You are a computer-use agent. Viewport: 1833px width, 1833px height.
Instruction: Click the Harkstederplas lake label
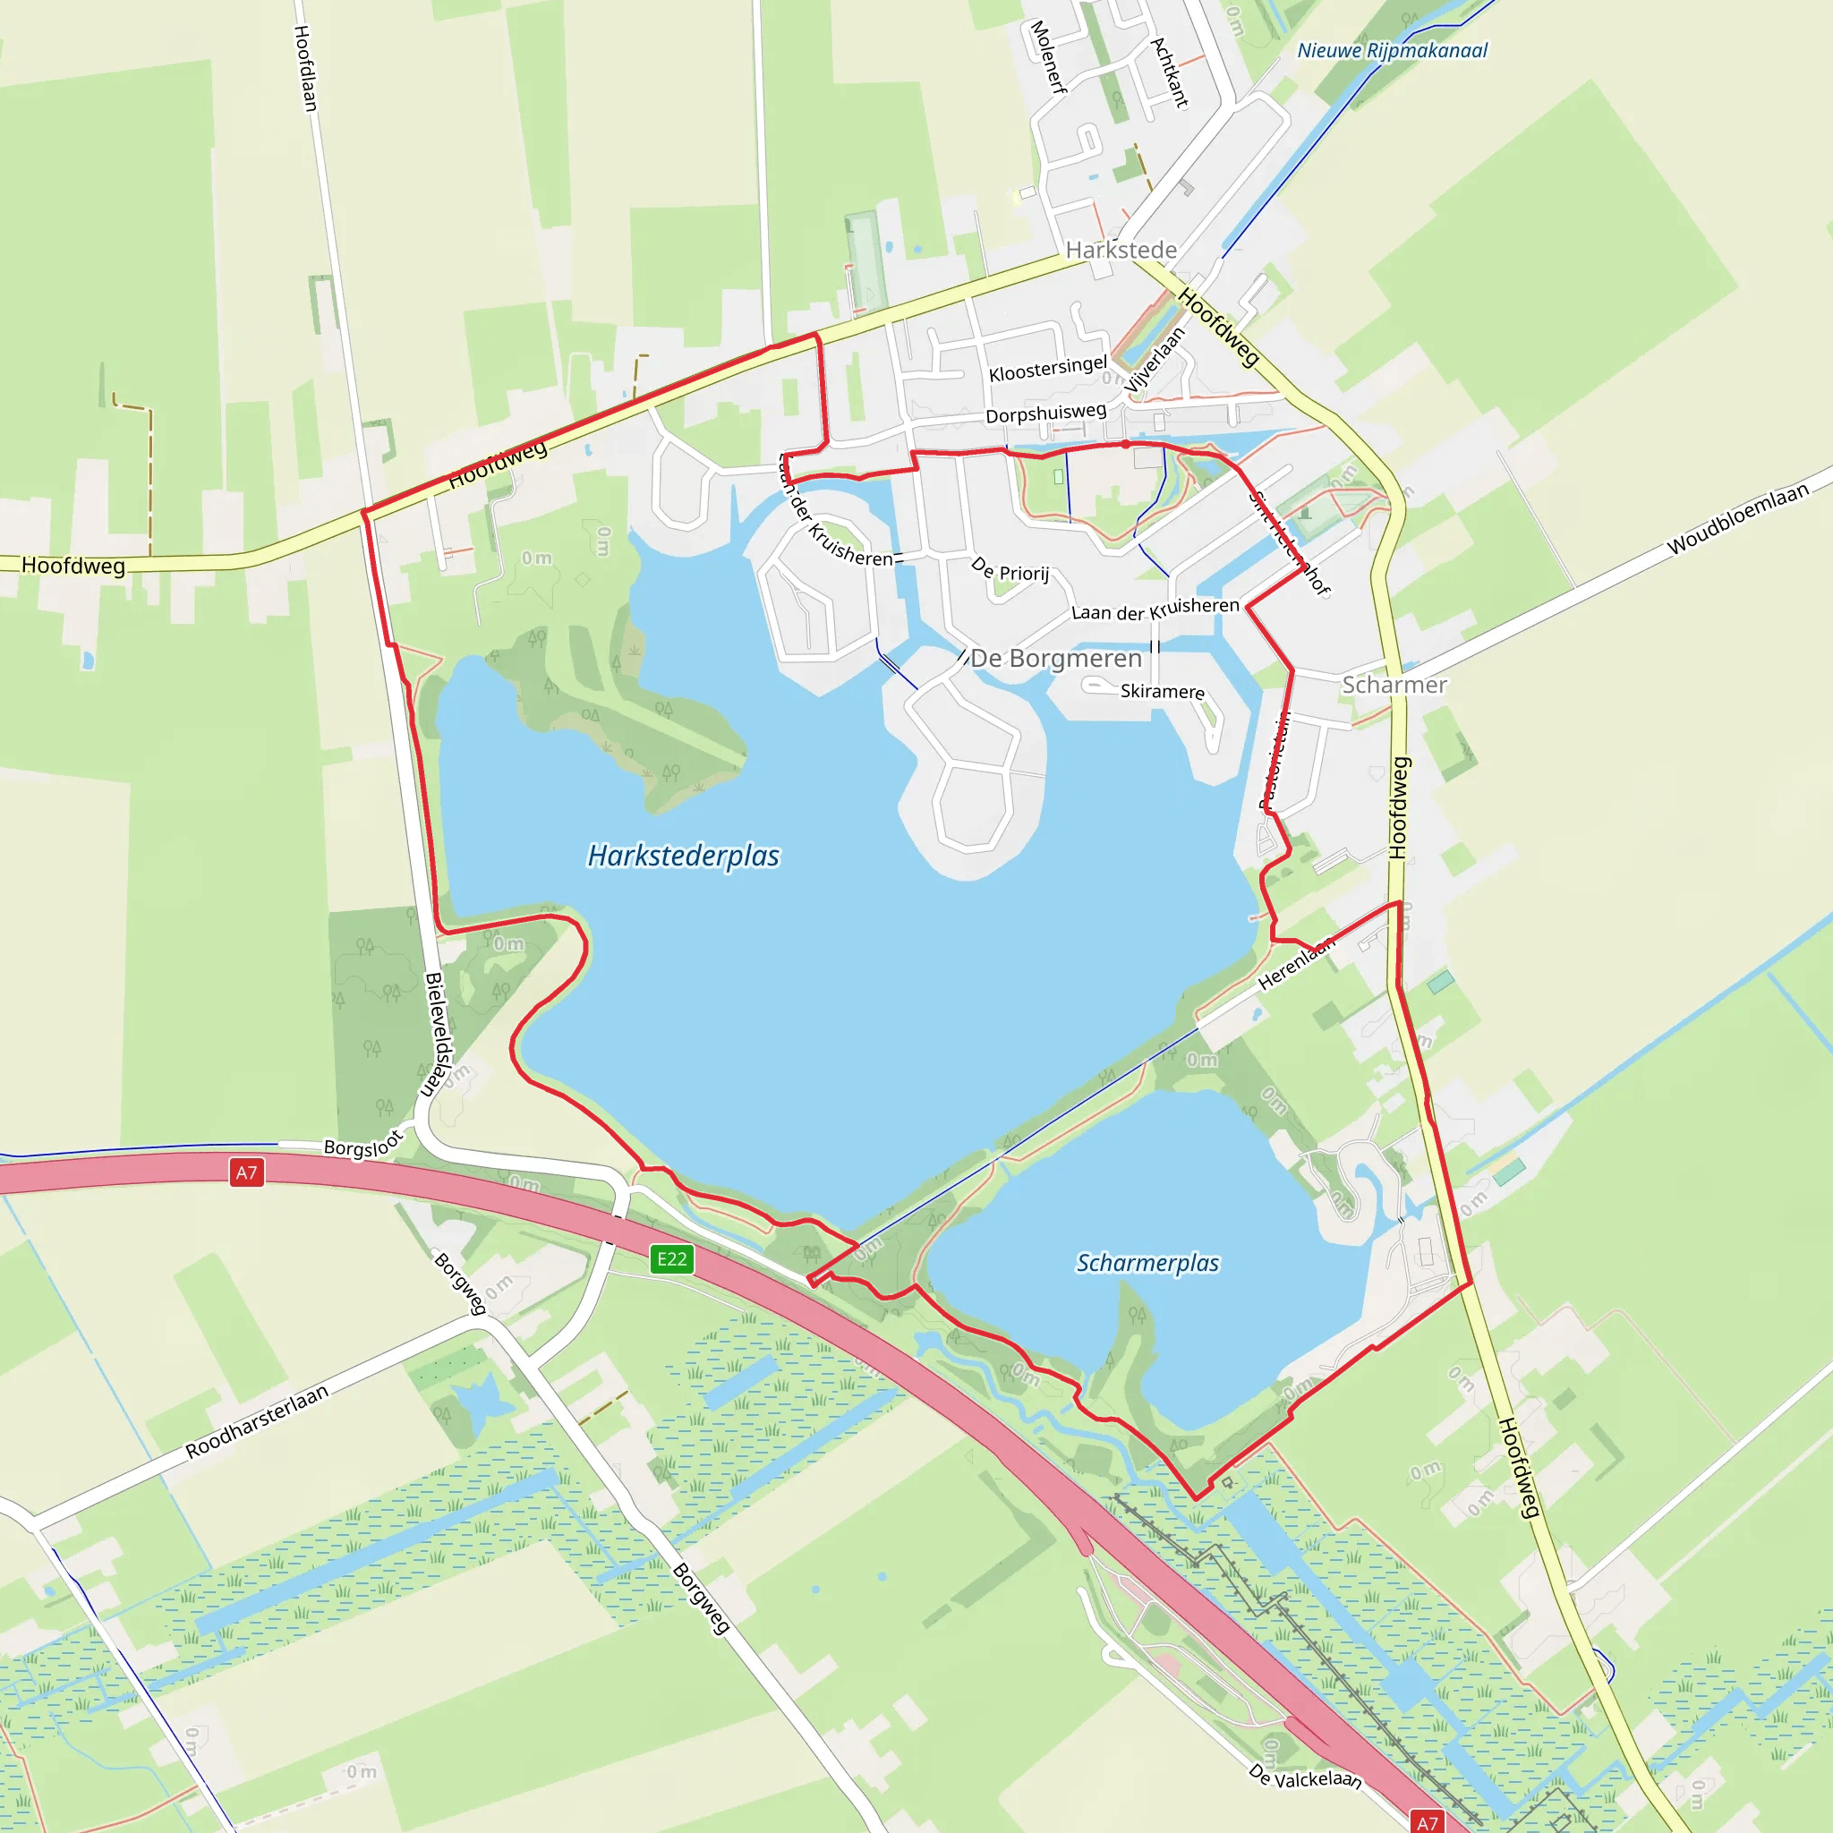(683, 856)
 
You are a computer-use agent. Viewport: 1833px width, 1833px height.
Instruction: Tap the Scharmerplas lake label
(1147, 1263)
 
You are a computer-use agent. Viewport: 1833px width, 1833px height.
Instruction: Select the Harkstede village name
(1121, 250)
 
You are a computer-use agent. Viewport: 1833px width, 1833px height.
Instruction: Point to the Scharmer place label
(1394, 685)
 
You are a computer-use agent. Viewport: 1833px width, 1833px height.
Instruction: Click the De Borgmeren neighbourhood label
(1056, 659)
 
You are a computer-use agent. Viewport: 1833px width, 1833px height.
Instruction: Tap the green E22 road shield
(672, 1259)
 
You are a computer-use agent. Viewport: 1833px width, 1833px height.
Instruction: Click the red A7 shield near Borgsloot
(247, 1172)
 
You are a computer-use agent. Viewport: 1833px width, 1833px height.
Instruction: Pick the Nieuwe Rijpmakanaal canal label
(1392, 50)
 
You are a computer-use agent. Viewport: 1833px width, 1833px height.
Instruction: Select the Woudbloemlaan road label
(1738, 519)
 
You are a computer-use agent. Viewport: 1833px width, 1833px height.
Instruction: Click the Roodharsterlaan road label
(257, 1421)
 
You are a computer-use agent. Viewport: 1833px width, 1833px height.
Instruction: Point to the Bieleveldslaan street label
(439, 1034)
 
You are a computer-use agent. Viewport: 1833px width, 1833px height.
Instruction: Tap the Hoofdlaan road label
(304, 68)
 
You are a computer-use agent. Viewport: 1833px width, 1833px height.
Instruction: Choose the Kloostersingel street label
(1047, 369)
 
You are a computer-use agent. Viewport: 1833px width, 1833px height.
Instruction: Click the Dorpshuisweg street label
(1045, 413)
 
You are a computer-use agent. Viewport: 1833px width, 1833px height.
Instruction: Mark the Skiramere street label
(1163, 692)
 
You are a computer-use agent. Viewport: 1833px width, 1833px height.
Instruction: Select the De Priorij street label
(1010, 570)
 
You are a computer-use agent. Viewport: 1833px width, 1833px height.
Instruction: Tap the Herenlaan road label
(1297, 963)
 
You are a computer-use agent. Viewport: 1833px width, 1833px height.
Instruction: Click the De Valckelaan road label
(1306, 1777)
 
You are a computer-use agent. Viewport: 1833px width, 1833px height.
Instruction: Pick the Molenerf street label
(1047, 57)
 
